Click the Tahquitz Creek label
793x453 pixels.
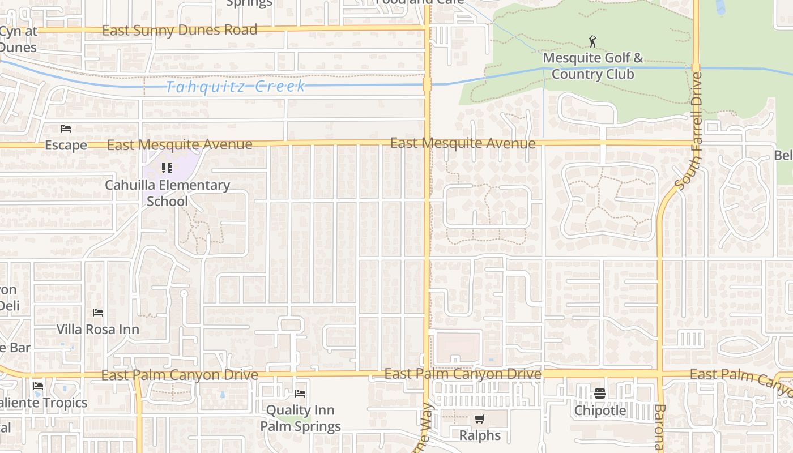(236, 87)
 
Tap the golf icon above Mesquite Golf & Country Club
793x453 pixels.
(592, 41)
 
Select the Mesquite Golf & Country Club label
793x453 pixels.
(593, 66)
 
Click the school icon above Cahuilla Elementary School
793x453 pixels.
(167, 168)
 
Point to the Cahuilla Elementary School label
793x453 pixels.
(167, 193)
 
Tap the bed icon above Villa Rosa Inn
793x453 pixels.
(98, 313)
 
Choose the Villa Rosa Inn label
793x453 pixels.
(98, 329)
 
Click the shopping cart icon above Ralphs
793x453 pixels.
(480, 419)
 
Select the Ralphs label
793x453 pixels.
(480, 435)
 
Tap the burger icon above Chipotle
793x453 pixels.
(600, 394)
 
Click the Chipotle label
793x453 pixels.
(600, 410)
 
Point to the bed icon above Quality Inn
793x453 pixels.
(300, 393)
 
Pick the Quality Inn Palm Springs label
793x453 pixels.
(300, 418)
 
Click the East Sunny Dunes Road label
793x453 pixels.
(180, 30)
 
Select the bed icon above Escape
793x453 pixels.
(66, 129)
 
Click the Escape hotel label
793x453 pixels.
(66, 145)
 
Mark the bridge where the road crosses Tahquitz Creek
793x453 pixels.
(427, 84)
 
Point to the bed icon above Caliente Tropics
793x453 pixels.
(39, 386)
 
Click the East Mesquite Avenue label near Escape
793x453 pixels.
(180, 145)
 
